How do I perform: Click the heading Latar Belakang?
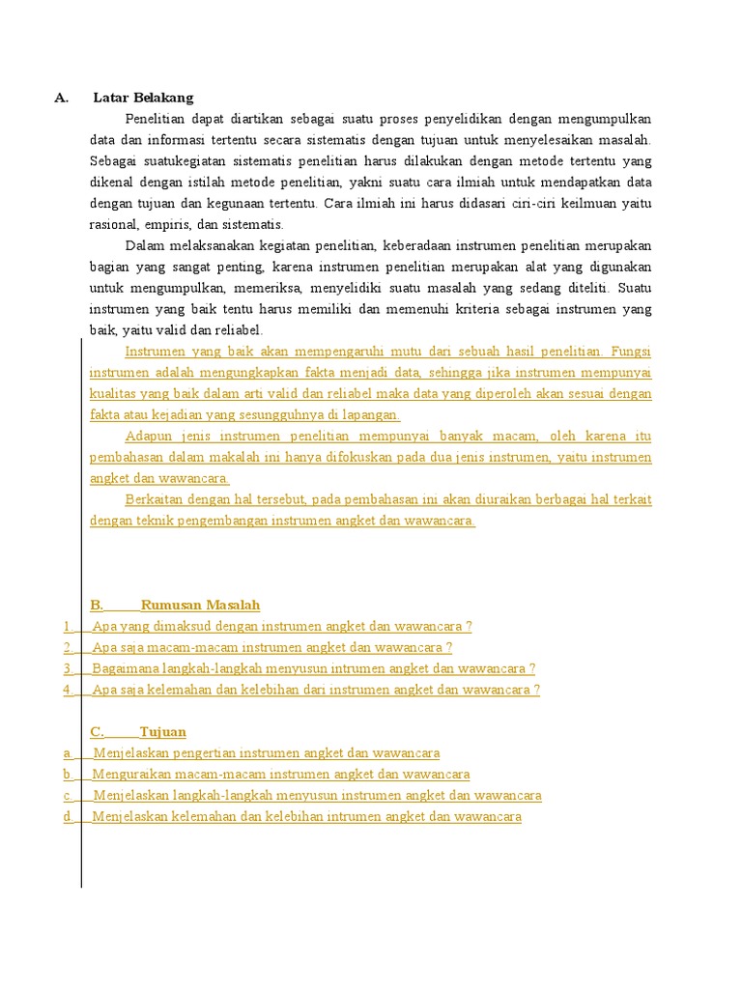pos(143,98)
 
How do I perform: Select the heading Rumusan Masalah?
pos(200,605)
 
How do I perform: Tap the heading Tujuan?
pos(162,731)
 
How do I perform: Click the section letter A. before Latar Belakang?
pos(62,98)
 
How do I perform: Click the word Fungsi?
pos(630,352)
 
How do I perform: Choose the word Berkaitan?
pos(156,499)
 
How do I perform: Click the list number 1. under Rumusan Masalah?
pos(68,626)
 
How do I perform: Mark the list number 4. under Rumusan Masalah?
pos(68,690)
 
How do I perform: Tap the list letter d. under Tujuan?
pos(68,817)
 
